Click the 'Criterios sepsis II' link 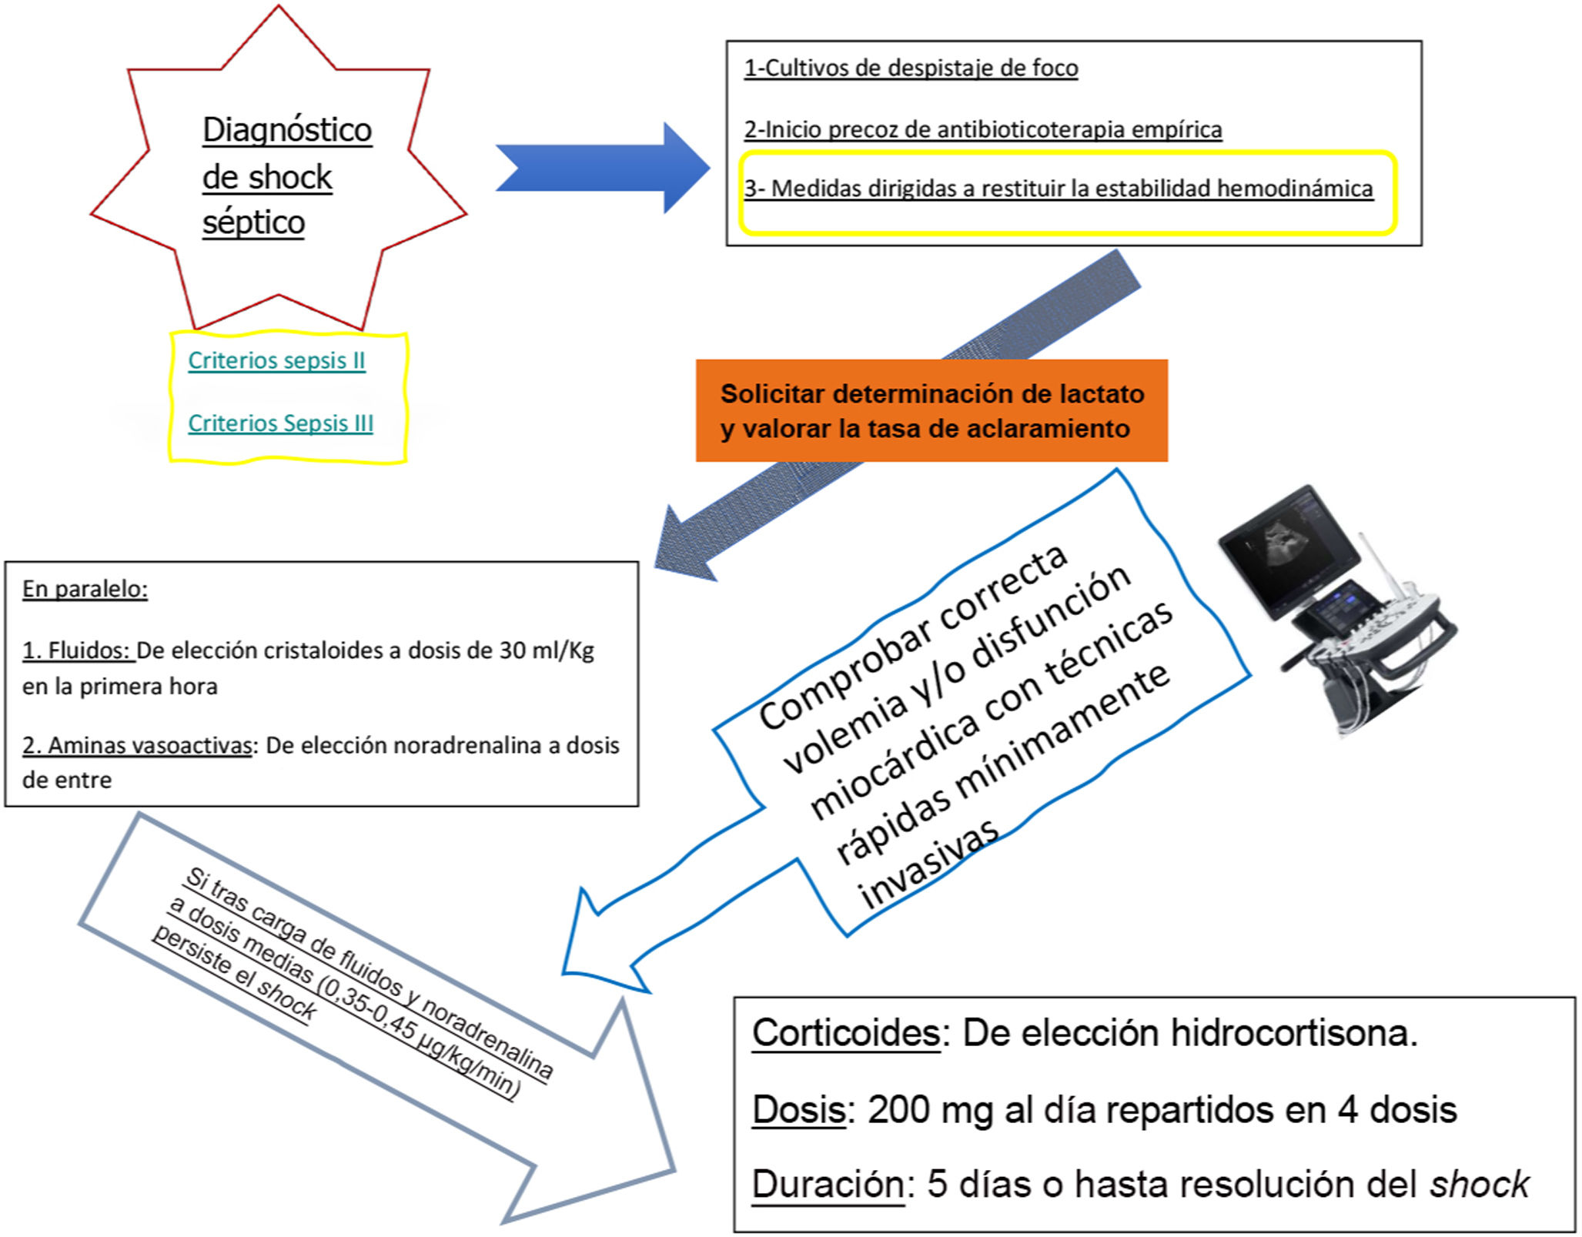click(276, 360)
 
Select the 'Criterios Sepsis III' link click(280, 423)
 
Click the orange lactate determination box click(931, 410)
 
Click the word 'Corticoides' click(845, 1032)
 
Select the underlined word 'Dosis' click(798, 1109)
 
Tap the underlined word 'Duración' click(828, 1183)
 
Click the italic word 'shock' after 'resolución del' click(1479, 1183)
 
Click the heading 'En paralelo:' click(85, 589)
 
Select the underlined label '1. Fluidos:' click(77, 650)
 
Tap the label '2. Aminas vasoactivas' click(138, 745)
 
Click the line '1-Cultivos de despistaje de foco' click(911, 68)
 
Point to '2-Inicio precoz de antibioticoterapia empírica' click(982, 129)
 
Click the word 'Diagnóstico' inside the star click(287, 129)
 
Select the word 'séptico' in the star click(253, 222)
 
